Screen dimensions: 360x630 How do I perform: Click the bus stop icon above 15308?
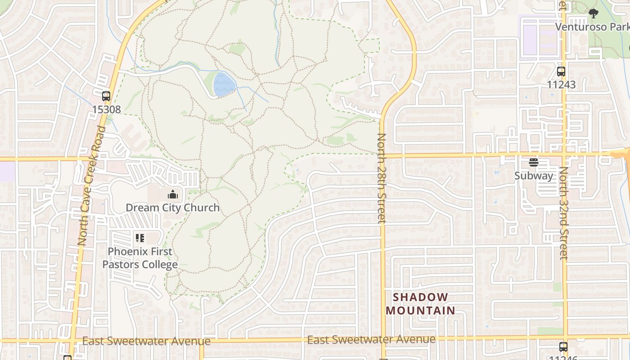[106, 96]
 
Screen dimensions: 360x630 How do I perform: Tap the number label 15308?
[106, 109]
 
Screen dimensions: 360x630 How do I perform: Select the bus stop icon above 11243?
[561, 72]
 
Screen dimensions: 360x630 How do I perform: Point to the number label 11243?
[561, 85]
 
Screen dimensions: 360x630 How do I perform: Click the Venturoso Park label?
[591, 27]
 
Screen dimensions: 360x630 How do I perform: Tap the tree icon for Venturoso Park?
[594, 14]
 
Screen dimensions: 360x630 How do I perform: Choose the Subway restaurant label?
[534, 176]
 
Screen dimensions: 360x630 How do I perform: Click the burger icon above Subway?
[534, 162]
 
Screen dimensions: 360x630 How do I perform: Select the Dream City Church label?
[172, 207]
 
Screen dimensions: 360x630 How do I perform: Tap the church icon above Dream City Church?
[172, 194]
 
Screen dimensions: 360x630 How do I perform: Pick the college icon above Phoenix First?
[139, 238]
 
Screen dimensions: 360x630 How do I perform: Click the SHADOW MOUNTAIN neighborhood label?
[420, 304]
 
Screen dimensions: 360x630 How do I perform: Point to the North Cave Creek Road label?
[91, 185]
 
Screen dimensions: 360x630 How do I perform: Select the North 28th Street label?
[382, 178]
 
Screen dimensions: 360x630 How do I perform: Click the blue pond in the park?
[224, 85]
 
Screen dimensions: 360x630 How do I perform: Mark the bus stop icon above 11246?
[563, 346]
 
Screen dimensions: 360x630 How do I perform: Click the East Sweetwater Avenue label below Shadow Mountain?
[371, 339]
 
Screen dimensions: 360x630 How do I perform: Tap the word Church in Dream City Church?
[203, 207]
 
